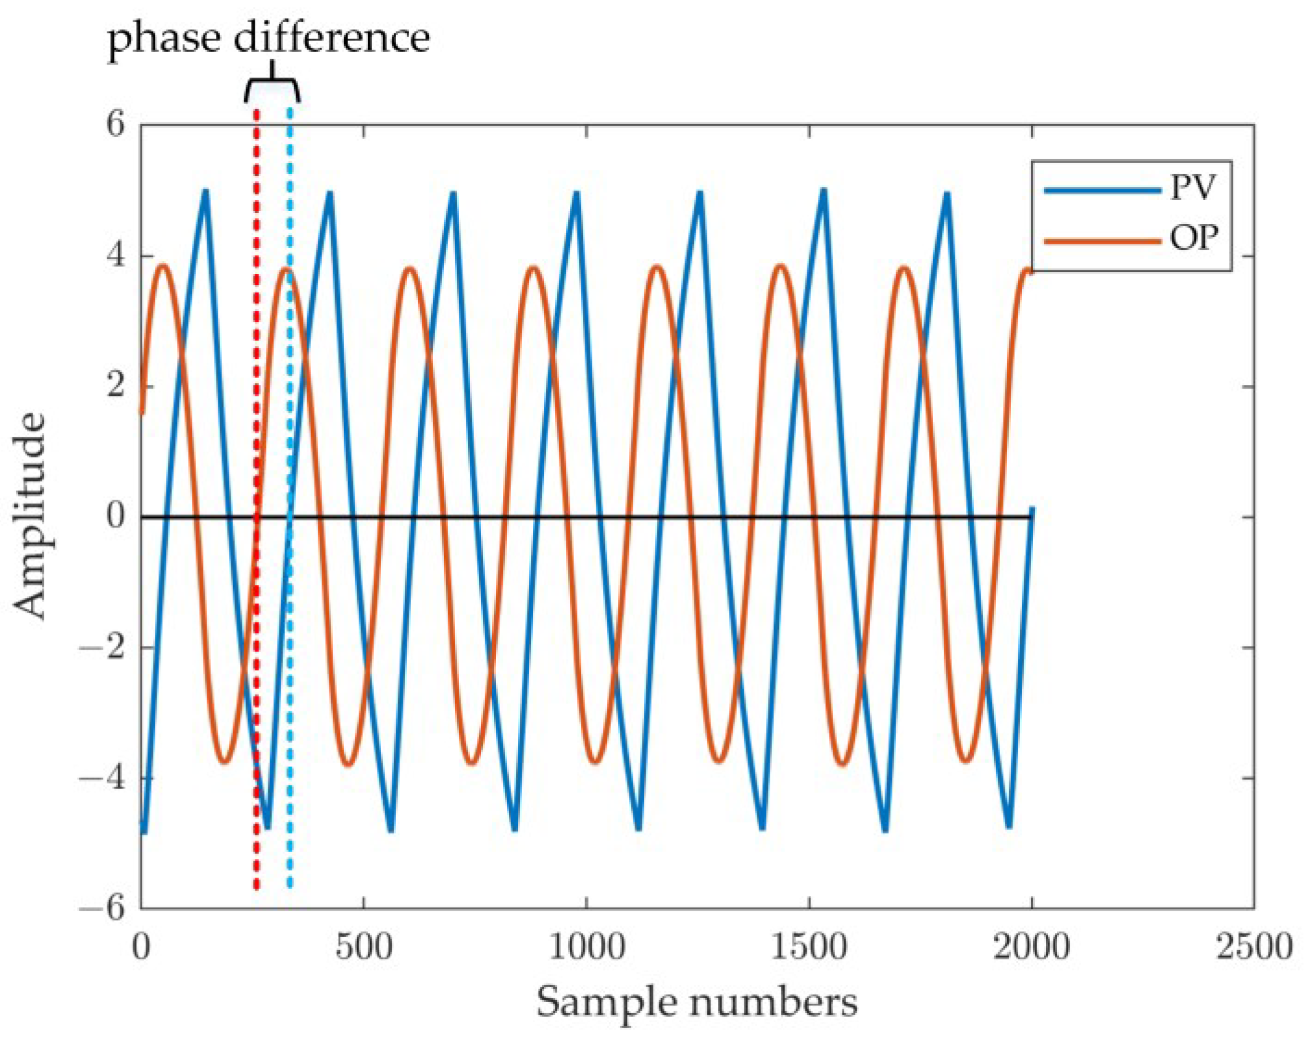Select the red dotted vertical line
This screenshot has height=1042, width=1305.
coord(257,617)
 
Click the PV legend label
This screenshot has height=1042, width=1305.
coord(1192,188)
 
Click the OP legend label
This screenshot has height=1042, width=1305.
coord(1193,238)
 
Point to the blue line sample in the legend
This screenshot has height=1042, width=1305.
coord(1101,190)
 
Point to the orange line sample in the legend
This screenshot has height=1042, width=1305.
coord(1101,241)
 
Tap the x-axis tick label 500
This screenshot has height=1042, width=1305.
coord(364,946)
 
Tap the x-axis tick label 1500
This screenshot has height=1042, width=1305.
coord(809,946)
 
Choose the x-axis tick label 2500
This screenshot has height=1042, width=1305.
coord(1253,946)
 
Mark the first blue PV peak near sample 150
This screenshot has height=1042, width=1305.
coord(205,192)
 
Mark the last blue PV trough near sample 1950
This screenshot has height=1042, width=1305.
coord(1009,825)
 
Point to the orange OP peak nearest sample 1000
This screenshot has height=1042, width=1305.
coord(534,268)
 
